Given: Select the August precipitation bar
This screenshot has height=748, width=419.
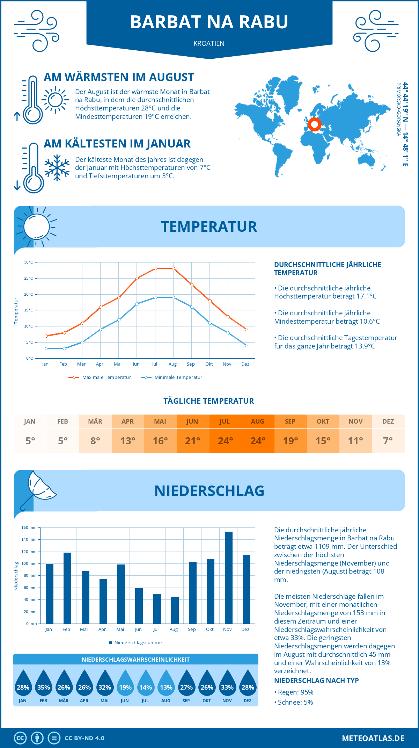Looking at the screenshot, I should (175, 610).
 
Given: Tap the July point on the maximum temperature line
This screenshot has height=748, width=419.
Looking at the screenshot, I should (155, 268).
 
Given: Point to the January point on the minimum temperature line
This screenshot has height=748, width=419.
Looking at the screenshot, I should (46, 348).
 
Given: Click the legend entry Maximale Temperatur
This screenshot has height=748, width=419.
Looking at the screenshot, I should (100, 377).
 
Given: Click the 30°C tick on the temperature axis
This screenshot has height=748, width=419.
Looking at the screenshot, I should (29, 262).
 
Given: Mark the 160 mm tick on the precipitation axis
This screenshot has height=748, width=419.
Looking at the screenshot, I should (29, 527).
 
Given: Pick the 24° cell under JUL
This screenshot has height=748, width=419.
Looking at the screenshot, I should (225, 441).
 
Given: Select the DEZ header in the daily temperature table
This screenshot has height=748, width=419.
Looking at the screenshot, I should (388, 422).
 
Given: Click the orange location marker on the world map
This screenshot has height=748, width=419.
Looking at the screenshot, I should (315, 124).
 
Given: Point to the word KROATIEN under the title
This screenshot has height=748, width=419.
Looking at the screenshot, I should (209, 43).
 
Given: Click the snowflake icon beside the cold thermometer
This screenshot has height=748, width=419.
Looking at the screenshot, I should (57, 168).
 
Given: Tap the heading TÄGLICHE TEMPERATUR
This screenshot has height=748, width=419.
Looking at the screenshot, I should (209, 401).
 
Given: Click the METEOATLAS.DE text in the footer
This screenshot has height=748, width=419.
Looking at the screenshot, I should (373, 738).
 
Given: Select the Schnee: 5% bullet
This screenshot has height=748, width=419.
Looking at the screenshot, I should (294, 702).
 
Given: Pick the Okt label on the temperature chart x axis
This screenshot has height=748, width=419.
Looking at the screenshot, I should (209, 364).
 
